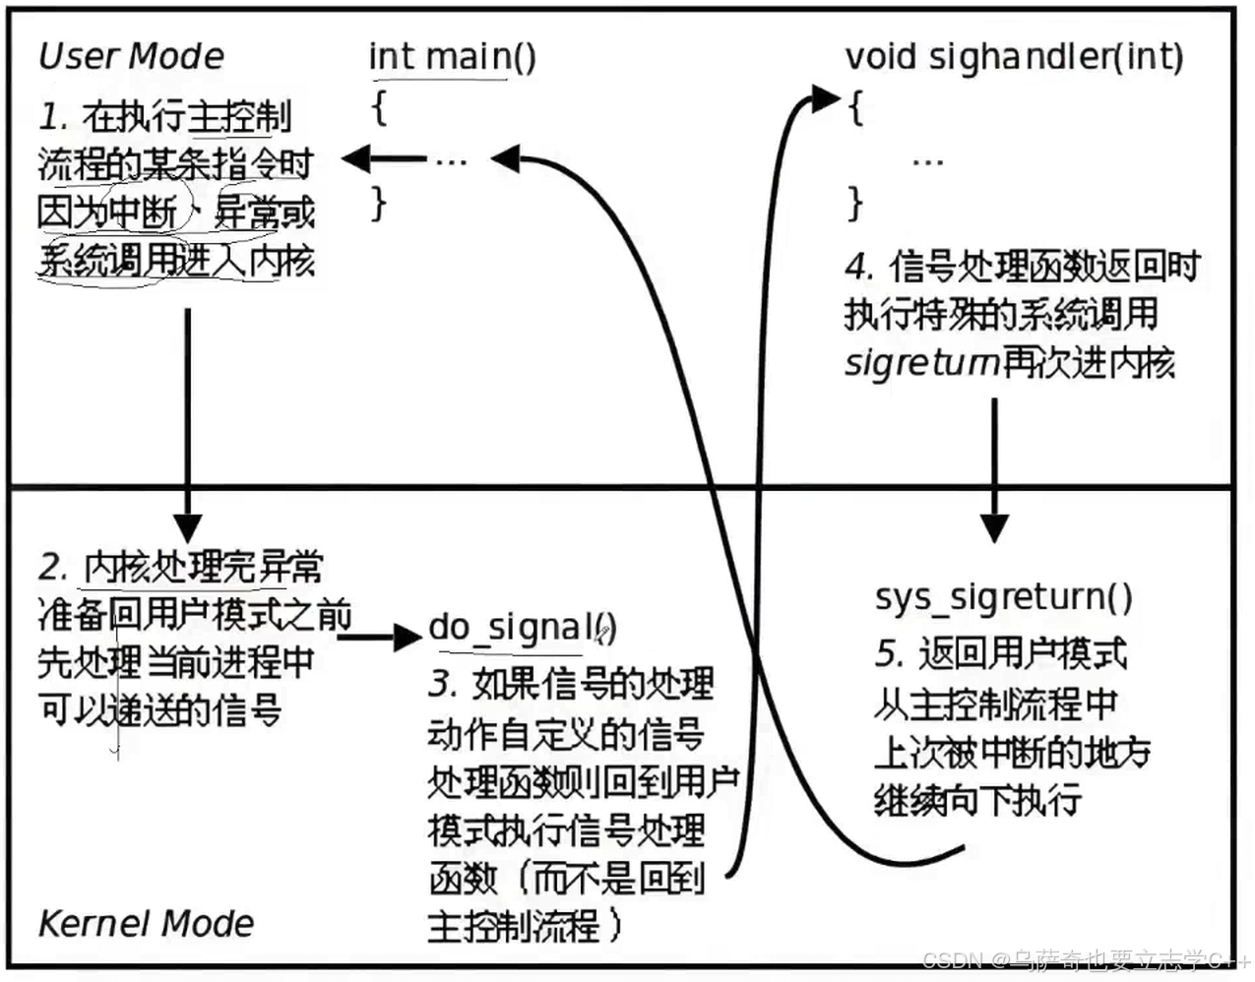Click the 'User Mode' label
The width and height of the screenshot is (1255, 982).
[x=131, y=56]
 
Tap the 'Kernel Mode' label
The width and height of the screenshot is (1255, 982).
[x=146, y=923]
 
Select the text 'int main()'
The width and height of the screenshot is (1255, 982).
[x=452, y=56]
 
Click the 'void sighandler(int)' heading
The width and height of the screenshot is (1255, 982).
[x=1014, y=56]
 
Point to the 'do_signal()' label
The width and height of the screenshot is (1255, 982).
[x=522, y=628]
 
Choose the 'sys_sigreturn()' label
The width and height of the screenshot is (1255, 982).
[x=1003, y=597]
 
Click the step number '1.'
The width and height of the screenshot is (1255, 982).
[x=53, y=117]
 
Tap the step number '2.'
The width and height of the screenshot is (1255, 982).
[x=53, y=568]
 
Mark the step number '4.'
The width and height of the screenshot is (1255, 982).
[x=859, y=267]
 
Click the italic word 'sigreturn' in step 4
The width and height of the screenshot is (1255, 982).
[x=921, y=364]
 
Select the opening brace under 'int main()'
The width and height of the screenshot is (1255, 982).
[x=379, y=105]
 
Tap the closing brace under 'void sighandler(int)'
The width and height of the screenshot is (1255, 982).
[x=854, y=204]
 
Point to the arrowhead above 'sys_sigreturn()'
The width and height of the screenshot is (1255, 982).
[x=994, y=527]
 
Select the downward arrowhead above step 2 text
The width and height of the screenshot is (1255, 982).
[x=186, y=527]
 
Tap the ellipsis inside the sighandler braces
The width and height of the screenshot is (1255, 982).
[x=927, y=160]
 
